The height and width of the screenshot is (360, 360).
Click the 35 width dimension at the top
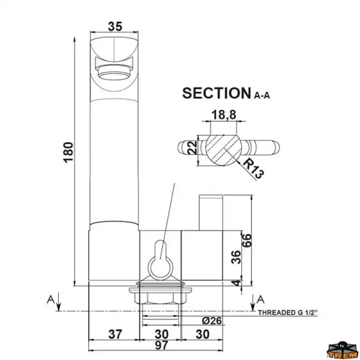(x=115, y=27)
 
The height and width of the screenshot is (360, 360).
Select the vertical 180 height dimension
(x=68, y=153)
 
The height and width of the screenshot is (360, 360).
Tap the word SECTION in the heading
(x=216, y=93)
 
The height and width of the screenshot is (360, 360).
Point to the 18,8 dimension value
(x=224, y=115)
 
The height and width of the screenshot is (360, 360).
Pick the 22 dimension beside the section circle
(x=193, y=147)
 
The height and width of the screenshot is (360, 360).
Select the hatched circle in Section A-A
(x=224, y=150)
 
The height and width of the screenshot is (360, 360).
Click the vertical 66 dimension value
(x=247, y=240)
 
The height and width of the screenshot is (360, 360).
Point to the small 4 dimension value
(x=237, y=283)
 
